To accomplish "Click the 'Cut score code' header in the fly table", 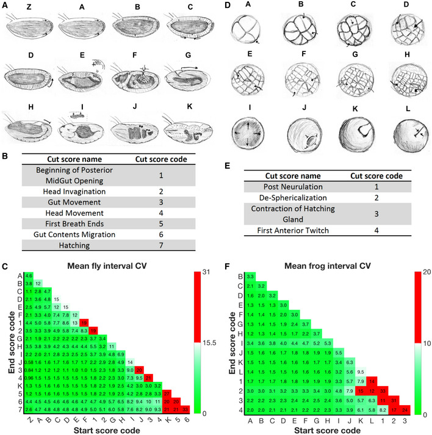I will pyautogui.click(x=160, y=159).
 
